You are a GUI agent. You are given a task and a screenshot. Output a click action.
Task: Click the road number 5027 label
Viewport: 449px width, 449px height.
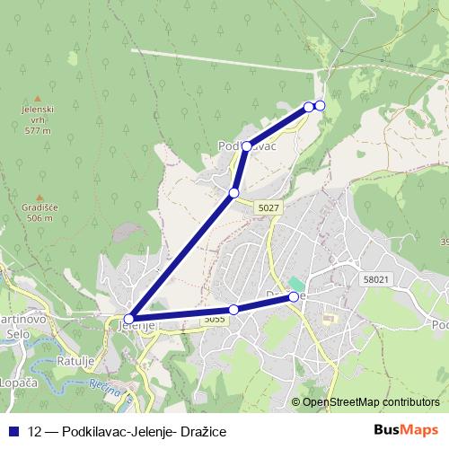[269, 207]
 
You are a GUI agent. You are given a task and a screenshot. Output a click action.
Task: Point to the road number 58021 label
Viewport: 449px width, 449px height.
[377, 280]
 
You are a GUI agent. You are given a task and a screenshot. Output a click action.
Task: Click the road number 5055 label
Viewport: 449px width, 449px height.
[214, 319]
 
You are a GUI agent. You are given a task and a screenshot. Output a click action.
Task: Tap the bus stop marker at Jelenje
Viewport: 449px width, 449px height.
[129, 318]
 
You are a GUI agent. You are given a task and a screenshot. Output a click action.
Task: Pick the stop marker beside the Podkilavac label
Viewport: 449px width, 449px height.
[246, 145]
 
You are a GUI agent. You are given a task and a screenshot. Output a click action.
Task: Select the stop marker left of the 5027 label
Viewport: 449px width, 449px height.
[233, 193]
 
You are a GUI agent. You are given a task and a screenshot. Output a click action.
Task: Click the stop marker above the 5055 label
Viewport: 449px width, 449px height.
[233, 310]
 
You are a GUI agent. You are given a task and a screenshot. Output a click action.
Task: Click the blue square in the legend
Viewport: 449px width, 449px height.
[13, 431]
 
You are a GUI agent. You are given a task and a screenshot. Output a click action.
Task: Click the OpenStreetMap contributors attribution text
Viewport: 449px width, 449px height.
[371, 401]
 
